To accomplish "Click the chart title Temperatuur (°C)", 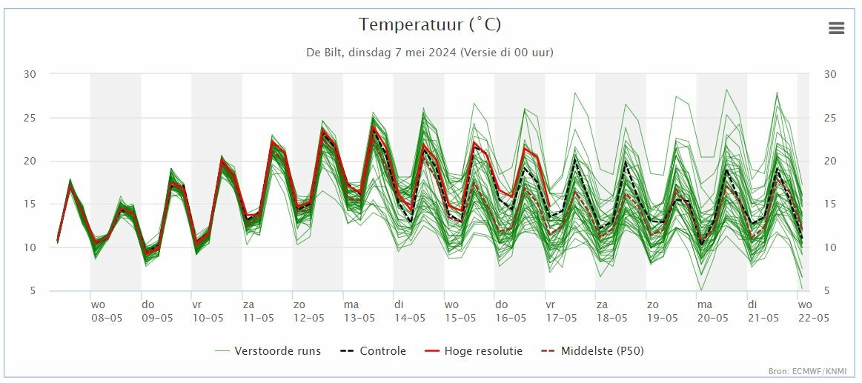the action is (x=430, y=24).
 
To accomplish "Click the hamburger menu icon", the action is (x=836, y=29).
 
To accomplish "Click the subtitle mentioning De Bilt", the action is (x=430, y=53).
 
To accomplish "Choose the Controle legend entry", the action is (x=374, y=350).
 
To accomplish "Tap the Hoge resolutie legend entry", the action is (x=474, y=350).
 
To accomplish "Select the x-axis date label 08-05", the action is (x=107, y=318).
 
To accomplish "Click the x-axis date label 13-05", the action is (x=359, y=318).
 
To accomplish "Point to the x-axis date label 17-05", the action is (x=561, y=318).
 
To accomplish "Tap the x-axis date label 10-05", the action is (x=208, y=318).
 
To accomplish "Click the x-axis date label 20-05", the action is (x=712, y=318).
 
